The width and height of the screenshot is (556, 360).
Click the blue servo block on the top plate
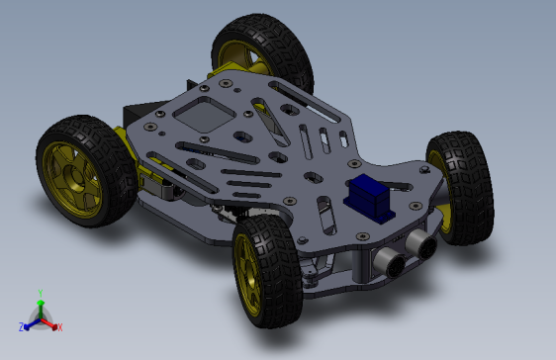point(369,197)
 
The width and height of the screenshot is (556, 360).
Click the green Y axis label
point(40,293)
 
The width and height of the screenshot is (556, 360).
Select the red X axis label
point(59,326)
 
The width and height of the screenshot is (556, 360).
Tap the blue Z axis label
point(21,326)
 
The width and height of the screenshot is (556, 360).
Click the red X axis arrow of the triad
point(51,322)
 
